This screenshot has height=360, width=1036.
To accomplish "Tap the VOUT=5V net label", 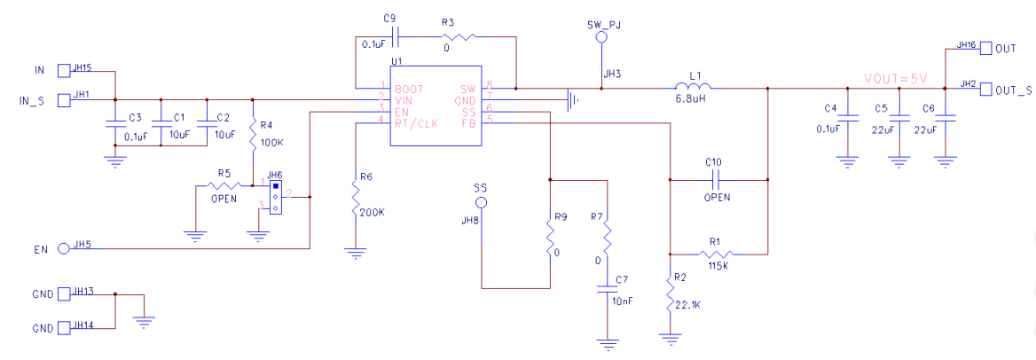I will (x=895, y=78).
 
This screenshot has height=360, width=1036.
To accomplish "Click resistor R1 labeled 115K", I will (x=718, y=251).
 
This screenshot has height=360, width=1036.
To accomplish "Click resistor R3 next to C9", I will (x=458, y=36).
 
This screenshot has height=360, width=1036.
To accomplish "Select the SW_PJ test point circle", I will (x=600, y=38).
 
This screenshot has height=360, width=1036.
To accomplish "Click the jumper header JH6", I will (x=276, y=197).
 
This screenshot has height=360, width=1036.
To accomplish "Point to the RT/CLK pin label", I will (x=416, y=123).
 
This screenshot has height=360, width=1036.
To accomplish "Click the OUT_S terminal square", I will (x=985, y=89).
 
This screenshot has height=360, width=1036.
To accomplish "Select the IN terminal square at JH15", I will (x=63, y=70).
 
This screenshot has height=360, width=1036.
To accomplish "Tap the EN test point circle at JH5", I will (x=63, y=249).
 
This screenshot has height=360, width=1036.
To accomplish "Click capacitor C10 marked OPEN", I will (x=714, y=179).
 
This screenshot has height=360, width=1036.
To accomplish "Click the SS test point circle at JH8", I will (x=481, y=203).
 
